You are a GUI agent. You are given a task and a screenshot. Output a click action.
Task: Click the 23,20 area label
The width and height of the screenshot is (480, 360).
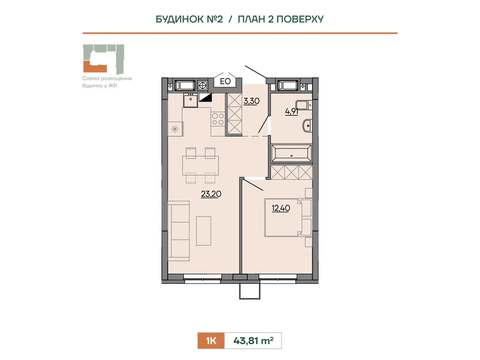[x=211, y=194]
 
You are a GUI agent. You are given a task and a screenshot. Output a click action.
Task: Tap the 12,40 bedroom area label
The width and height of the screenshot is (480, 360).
[x=281, y=208]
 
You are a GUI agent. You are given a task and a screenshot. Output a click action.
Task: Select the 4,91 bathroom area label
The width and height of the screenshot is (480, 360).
[x=292, y=112]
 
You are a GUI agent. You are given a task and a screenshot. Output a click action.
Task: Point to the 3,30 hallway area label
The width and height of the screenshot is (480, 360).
[x=251, y=101]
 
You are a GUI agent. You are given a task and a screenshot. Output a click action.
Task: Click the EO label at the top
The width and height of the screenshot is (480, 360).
[x=225, y=81]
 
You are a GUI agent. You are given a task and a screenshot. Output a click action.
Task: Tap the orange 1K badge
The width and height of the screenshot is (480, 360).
[x=211, y=340]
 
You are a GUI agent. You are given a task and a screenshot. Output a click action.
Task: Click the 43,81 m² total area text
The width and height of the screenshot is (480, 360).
[x=253, y=340]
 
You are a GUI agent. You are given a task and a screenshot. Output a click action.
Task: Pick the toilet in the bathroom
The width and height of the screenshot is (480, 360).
[x=304, y=105]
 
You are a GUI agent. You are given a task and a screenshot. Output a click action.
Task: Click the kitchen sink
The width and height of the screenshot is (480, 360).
[x=190, y=100]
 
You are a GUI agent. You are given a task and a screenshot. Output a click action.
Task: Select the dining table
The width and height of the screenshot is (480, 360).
[x=200, y=166]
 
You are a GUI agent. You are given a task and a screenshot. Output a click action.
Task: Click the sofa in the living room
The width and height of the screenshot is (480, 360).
[x=179, y=231]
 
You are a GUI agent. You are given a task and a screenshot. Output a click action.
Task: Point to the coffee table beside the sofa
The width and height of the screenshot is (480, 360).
[x=203, y=231]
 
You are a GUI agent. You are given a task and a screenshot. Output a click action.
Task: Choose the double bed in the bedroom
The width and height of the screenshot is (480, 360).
[x=288, y=218]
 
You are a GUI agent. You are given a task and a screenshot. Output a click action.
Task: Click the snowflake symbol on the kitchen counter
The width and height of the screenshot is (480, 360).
[x=175, y=129]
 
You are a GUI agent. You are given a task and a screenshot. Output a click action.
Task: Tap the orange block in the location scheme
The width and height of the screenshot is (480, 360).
[x=95, y=67]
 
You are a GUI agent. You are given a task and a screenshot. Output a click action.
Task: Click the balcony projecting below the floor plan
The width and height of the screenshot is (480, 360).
[x=250, y=291]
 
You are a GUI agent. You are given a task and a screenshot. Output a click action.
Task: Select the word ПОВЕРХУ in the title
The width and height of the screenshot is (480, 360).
[x=300, y=19]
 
